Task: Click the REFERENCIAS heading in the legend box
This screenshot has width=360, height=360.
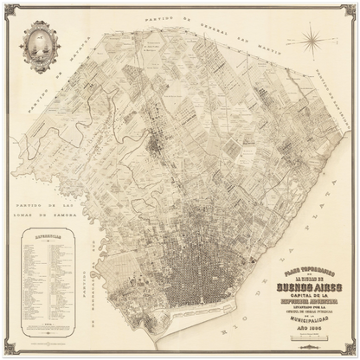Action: (x=44, y=234)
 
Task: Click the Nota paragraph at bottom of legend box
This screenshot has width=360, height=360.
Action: (x=44, y=326)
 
